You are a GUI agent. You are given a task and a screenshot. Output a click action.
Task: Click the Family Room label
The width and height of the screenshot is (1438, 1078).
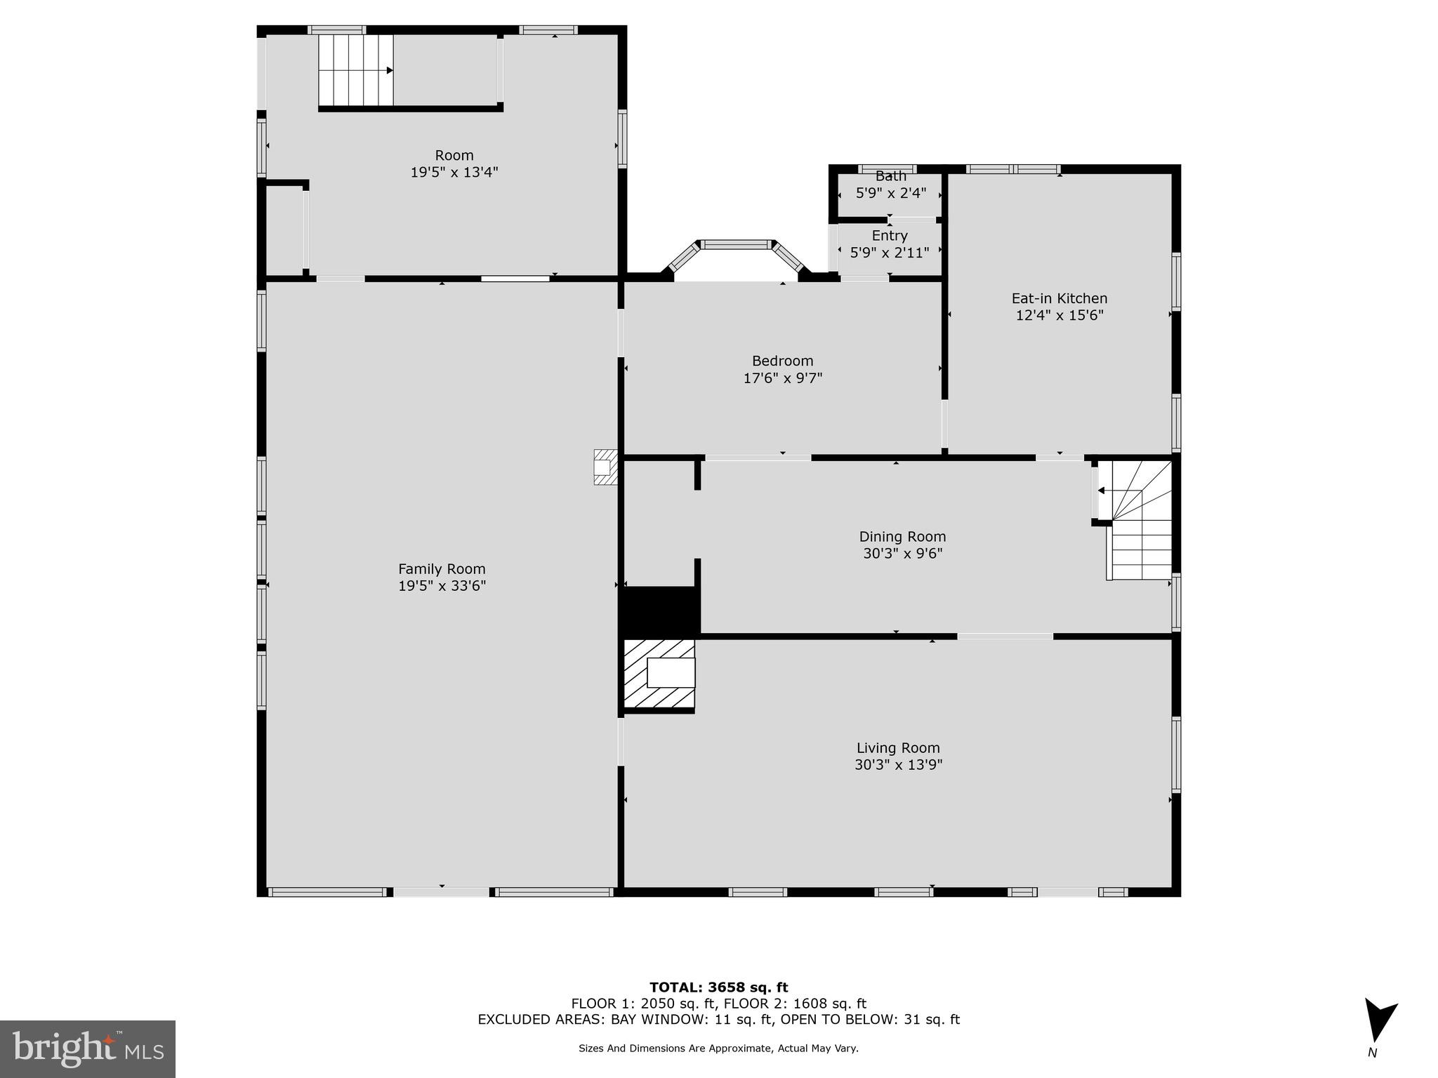click(x=442, y=569)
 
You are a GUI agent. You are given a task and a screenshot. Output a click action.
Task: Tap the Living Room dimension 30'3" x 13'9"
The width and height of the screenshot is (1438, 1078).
click(x=898, y=765)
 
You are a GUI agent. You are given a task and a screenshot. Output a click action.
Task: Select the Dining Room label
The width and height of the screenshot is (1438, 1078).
click(x=902, y=537)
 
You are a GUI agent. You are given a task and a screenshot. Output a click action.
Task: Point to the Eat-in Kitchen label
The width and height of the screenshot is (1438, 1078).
click(x=1059, y=298)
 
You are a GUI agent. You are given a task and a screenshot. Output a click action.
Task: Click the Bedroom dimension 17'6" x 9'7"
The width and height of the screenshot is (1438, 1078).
click(x=782, y=378)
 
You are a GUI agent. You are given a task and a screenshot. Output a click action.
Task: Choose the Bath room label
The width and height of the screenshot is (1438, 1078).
click(x=890, y=177)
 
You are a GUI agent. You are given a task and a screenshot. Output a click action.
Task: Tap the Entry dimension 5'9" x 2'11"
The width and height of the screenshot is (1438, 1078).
click(x=889, y=253)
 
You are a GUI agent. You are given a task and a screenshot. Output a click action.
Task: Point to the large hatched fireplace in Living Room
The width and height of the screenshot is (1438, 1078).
click(x=659, y=674)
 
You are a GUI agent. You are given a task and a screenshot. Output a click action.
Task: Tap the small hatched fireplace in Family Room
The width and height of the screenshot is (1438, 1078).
click(x=605, y=467)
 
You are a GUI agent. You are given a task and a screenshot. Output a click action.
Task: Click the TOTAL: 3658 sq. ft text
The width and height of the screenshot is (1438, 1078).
click(x=718, y=987)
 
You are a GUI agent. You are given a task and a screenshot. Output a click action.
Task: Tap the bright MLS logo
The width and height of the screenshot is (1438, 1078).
click(x=88, y=1049)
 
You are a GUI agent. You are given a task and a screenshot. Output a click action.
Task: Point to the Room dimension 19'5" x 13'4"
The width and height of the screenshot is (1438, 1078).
click(x=454, y=172)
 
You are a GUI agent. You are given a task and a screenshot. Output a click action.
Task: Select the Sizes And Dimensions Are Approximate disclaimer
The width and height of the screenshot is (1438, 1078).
click(x=718, y=1049)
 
